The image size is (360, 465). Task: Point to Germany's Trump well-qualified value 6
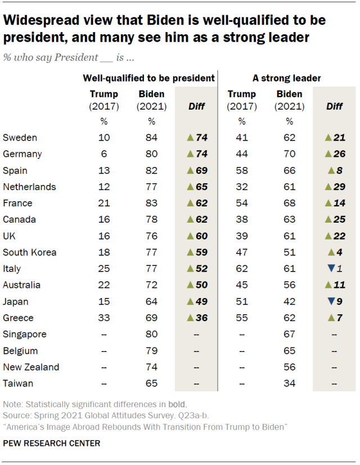(103, 154)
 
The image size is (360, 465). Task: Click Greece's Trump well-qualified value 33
(103, 318)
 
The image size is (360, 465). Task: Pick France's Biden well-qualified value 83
(151, 203)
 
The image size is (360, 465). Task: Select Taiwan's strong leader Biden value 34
(289, 383)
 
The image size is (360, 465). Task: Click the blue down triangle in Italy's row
(331, 269)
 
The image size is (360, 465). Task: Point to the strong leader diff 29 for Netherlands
(339, 187)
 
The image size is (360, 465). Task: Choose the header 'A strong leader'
(286, 79)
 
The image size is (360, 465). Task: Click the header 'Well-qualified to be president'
(148, 79)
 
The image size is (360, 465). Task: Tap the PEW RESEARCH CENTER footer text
(52, 444)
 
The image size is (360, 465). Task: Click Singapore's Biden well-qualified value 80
(151, 335)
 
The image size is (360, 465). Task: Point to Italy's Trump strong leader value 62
(241, 269)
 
